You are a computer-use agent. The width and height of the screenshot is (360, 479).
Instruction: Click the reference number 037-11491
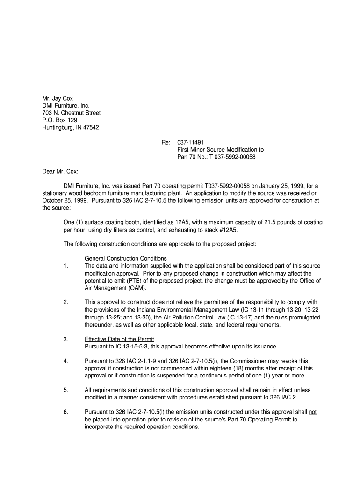click(x=190, y=142)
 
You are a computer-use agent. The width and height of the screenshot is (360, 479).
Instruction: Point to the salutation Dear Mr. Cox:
click(x=60, y=171)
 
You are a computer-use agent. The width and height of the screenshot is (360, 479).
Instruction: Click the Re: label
click(x=166, y=142)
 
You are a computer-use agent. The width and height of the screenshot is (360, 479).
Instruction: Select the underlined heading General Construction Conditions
click(x=126, y=259)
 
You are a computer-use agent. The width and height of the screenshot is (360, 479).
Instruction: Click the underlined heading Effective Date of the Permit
click(x=119, y=339)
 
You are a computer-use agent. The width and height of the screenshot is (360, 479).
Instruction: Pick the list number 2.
click(x=66, y=302)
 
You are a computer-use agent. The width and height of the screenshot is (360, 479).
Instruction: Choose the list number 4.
click(x=66, y=361)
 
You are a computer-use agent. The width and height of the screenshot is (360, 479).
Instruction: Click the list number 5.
click(x=66, y=390)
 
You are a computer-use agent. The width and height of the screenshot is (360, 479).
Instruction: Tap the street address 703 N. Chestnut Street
click(x=72, y=113)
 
